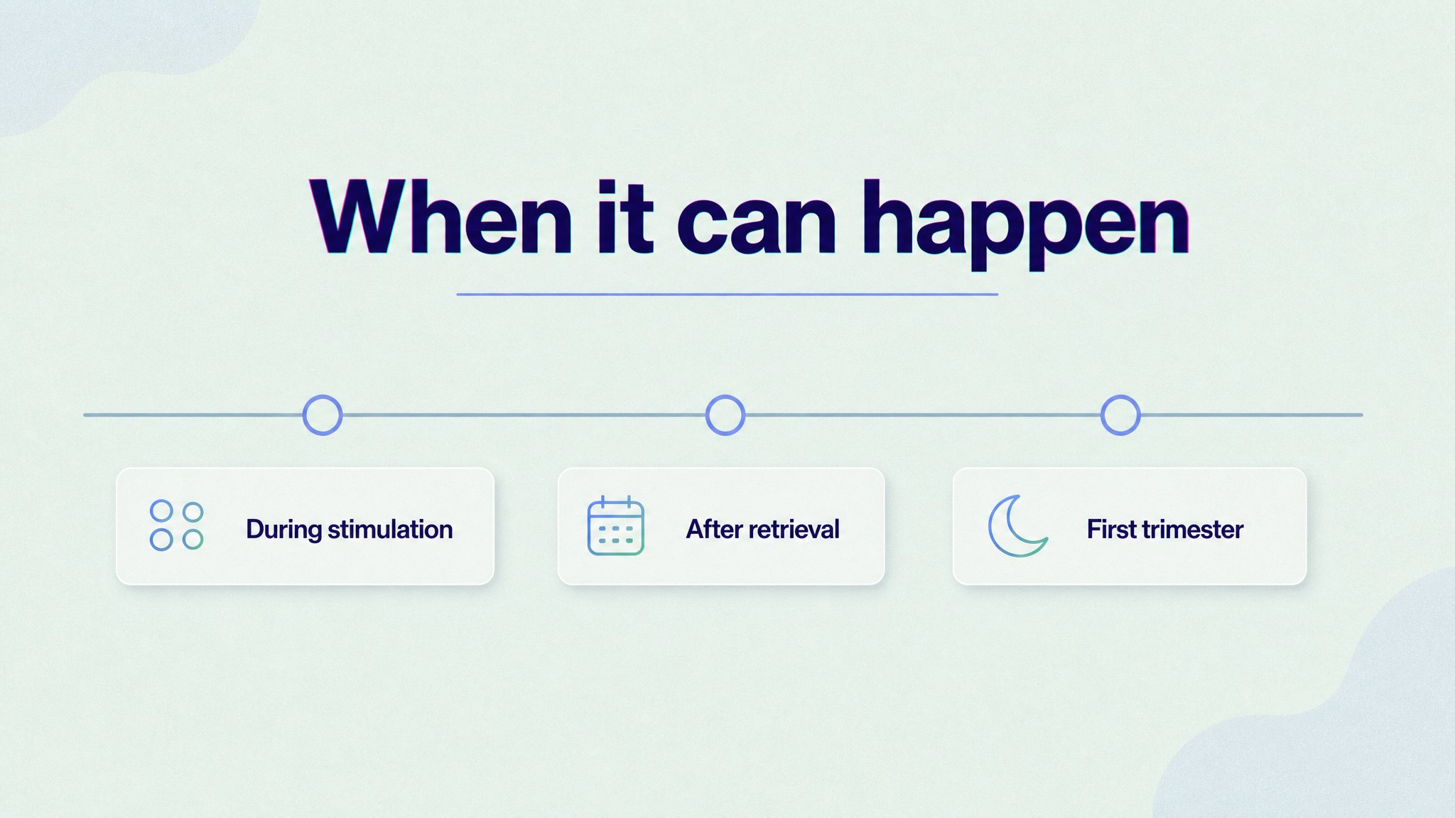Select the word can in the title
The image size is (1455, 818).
(x=757, y=226)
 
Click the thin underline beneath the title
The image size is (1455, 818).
(x=727, y=294)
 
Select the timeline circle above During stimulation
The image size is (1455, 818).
(x=323, y=415)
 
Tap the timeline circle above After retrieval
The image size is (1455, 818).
(x=725, y=415)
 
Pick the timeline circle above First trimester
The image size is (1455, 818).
(x=1120, y=415)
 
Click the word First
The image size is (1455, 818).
(x=1112, y=529)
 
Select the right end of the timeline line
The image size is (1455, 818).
(x=1362, y=415)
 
